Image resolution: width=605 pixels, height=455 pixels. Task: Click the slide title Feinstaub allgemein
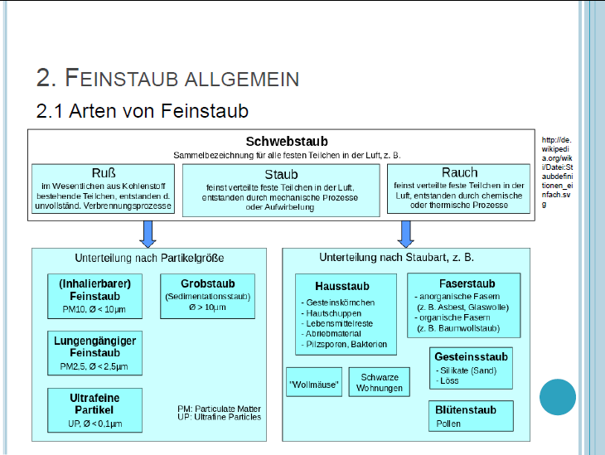[x=167, y=79]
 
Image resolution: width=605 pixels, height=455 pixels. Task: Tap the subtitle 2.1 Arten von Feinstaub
[x=143, y=109]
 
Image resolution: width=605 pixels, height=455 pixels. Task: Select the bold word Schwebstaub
[x=287, y=142]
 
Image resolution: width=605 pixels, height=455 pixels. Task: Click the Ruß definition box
[x=104, y=188]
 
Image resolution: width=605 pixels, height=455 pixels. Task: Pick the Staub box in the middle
[x=281, y=190]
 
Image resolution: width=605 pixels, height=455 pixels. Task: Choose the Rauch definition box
[x=458, y=188]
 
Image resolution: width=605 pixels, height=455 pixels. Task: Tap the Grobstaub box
[x=207, y=296]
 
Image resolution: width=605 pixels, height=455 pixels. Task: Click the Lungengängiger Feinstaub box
[x=95, y=352]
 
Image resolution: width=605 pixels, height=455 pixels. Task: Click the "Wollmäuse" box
[x=313, y=383]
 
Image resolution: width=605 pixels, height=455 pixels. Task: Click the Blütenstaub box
[x=465, y=415]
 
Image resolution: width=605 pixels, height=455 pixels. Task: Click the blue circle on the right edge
[x=557, y=397]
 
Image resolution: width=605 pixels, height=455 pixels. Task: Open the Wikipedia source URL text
[x=556, y=172]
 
